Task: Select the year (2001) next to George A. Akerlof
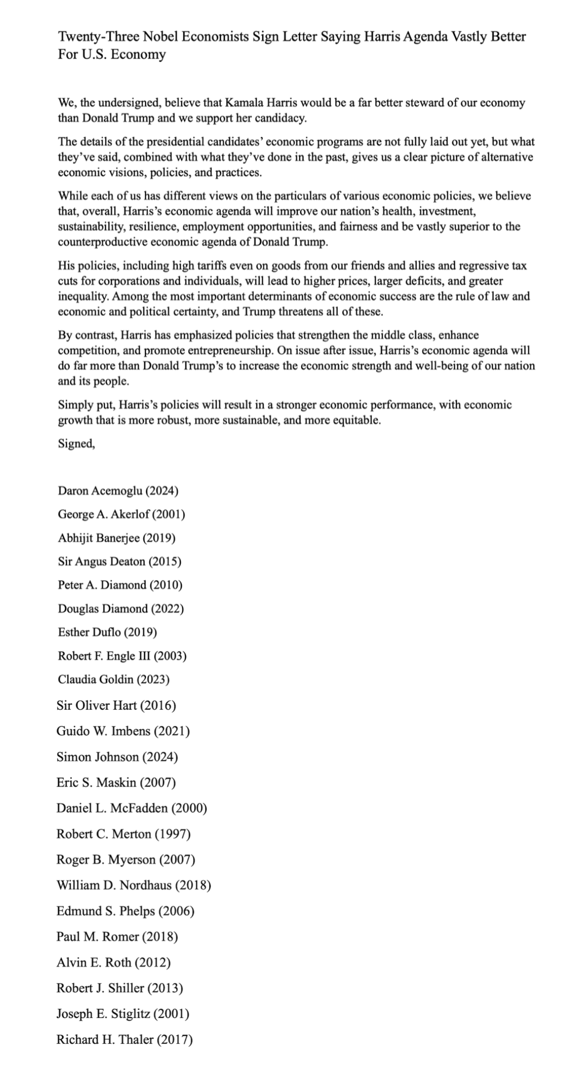(x=168, y=514)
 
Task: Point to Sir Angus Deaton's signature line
(x=119, y=562)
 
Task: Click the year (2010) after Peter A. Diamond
(x=165, y=585)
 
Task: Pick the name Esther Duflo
(x=84, y=632)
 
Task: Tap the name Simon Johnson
(x=97, y=757)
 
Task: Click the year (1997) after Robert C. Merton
(x=172, y=834)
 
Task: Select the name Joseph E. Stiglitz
(x=103, y=1014)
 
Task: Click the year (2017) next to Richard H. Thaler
(x=175, y=1039)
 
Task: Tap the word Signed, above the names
(x=77, y=444)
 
